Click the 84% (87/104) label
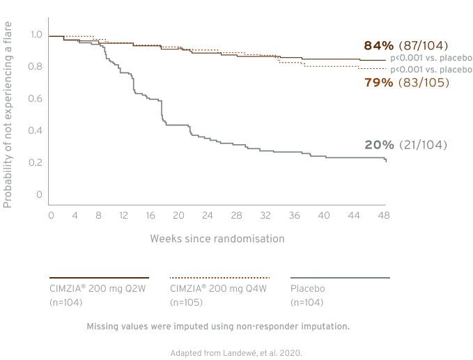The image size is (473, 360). click(406, 45)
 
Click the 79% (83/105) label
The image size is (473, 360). click(406, 83)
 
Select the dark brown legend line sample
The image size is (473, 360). click(98, 276)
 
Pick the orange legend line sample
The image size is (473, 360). click(219, 276)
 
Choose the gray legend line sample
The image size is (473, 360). click(339, 276)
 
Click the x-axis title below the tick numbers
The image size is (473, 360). click(217, 239)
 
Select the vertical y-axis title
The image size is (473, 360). click(6, 115)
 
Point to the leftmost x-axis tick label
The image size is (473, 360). click(47, 217)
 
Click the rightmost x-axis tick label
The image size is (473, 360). click(385, 217)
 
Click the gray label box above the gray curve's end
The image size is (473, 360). click(406, 145)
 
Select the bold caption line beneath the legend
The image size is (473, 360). click(217, 326)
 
